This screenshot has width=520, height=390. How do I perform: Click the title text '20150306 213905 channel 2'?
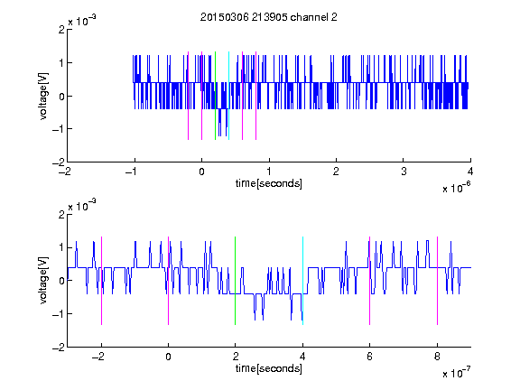pyautogui.click(x=269, y=17)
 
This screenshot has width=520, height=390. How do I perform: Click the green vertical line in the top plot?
pyautogui.click(x=215, y=96)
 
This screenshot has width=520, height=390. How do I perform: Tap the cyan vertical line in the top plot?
pyautogui.click(x=228, y=96)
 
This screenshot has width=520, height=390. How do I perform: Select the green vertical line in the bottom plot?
pyautogui.click(x=235, y=281)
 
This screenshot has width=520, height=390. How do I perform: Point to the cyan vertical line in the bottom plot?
pyautogui.click(x=302, y=281)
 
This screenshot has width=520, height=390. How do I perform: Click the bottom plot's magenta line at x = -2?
pyautogui.click(x=101, y=281)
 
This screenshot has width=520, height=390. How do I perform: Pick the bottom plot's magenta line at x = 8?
pyautogui.click(x=438, y=281)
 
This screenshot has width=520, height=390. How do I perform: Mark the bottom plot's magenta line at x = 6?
pyautogui.click(x=370, y=281)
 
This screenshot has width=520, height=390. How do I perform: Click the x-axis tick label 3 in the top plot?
pyautogui.click(x=404, y=172)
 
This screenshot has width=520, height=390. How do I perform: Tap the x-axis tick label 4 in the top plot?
pyautogui.click(x=470, y=172)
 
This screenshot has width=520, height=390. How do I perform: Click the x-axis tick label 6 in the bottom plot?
pyautogui.click(x=370, y=357)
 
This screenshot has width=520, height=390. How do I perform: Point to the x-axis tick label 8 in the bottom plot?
pyautogui.click(x=438, y=357)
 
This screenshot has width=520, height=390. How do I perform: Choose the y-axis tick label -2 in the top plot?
pyautogui.click(x=59, y=162)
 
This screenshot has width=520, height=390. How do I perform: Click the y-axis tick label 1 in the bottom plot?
pyautogui.click(x=61, y=247)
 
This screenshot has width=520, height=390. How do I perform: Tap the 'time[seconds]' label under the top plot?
pyautogui.click(x=269, y=183)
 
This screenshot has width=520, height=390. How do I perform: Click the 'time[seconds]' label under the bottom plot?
pyautogui.click(x=269, y=368)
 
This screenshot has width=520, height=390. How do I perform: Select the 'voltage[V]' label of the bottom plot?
pyautogui.click(x=43, y=281)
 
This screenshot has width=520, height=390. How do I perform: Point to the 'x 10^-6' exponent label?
pyautogui.click(x=456, y=187)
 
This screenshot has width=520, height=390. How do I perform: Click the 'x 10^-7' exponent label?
pyautogui.click(x=456, y=372)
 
